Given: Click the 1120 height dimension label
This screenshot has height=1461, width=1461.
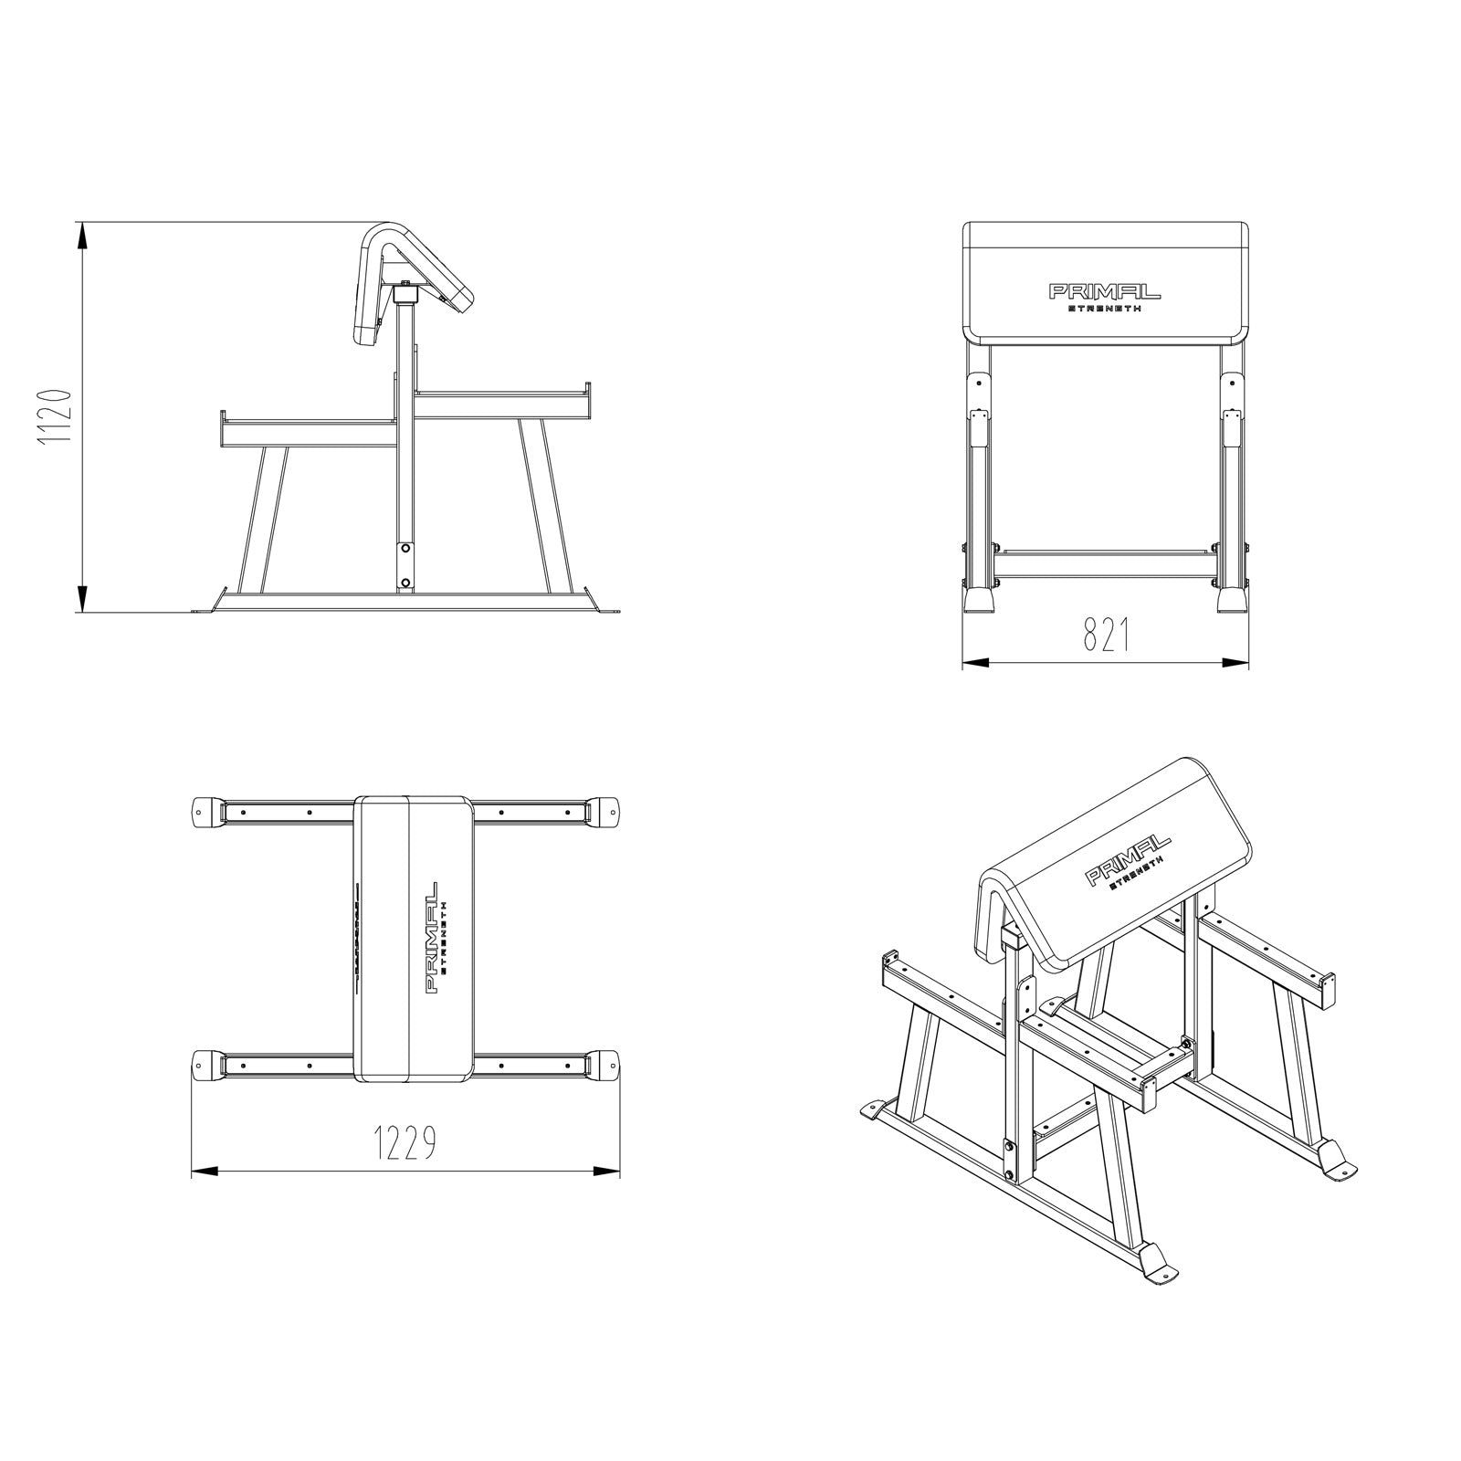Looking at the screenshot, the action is [54, 417].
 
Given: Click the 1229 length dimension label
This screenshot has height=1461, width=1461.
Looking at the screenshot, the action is [404, 1141].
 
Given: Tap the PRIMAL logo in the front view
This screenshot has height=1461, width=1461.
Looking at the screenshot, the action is [1104, 292].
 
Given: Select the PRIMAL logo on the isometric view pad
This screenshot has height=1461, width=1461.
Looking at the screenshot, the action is [1127, 859].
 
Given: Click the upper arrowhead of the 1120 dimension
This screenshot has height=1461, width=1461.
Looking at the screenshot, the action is [83, 236].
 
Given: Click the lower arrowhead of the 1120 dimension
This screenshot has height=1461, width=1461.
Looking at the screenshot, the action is [83, 598].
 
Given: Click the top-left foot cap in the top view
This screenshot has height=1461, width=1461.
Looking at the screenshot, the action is [209, 810].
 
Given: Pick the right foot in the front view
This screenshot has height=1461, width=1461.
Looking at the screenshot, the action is [1233, 598].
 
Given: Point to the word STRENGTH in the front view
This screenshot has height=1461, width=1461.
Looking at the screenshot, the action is [1104, 310].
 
